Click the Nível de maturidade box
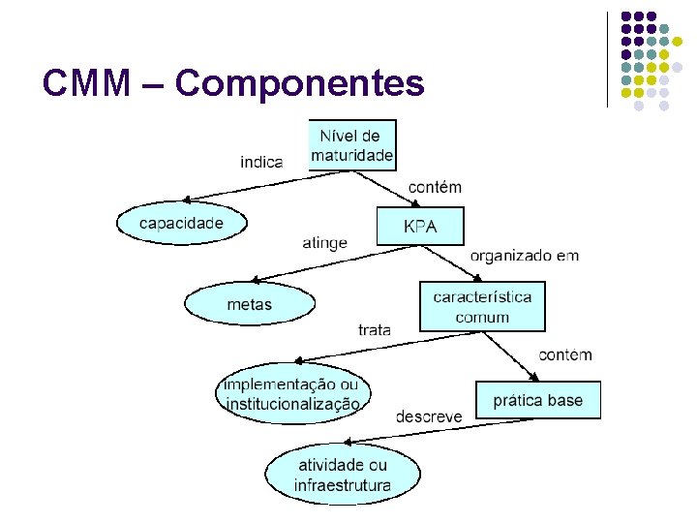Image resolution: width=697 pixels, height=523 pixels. [x=352, y=145]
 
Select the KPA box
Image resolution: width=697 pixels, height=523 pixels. [x=420, y=227]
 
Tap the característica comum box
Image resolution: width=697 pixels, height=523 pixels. [x=482, y=306]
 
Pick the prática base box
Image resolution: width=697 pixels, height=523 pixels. [x=538, y=400]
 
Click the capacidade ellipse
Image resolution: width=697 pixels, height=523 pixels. [x=181, y=223]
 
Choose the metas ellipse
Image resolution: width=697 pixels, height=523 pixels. [x=250, y=304]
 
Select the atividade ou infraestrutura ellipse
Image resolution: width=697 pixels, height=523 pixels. [x=344, y=475]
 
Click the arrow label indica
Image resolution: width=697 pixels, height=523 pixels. [x=261, y=162]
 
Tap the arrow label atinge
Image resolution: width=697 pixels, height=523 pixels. [x=324, y=243]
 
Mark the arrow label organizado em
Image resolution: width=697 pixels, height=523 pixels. [x=525, y=256]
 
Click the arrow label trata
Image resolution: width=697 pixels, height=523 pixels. [x=375, y=329]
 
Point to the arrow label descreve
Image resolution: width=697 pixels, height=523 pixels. [x=429, y=416]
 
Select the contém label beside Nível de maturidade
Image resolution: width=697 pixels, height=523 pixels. [x=435, y=187]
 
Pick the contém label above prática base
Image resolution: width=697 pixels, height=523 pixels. [x=564, y=354]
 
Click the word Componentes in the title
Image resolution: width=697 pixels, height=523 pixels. [x=300, y=84]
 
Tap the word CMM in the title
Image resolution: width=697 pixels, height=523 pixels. [x=85, y=84]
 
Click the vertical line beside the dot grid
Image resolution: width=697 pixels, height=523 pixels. [x=607, y=58]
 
